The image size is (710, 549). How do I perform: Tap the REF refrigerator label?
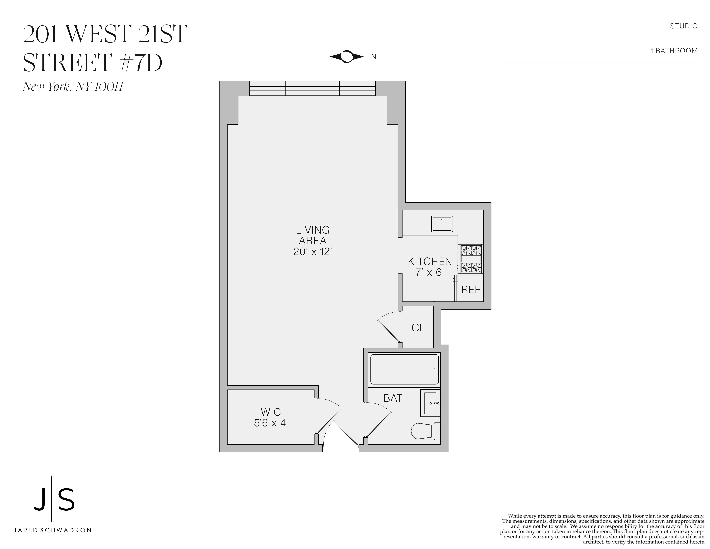[x=471, y=290]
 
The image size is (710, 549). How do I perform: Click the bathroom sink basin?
[x=430, y=403]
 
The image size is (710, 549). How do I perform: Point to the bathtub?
[x=404, y=369]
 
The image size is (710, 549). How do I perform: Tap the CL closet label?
[x=418, y=328]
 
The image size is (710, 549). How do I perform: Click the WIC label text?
[x=271, y=412]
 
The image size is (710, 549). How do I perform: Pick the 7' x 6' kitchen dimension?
[x=430, y=272]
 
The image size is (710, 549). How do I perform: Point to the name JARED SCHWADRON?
[x=52, y=530]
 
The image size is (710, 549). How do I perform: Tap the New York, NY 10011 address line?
[x=73, y=87]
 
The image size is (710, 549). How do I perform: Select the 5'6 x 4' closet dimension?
[x=271, y=423]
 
